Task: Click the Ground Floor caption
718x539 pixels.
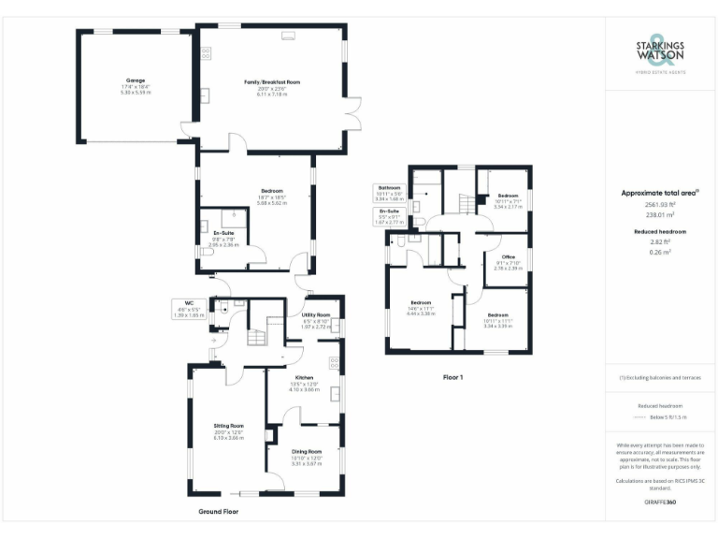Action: click(x=218, y=512)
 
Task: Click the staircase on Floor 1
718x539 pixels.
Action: click(x=464, y=201)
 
